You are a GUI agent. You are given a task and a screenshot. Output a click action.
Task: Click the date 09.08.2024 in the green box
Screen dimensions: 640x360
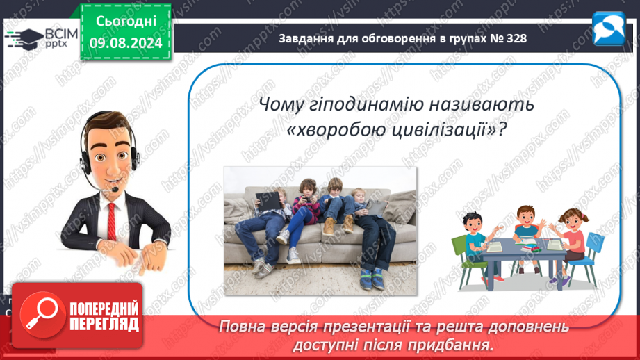click(126, 43)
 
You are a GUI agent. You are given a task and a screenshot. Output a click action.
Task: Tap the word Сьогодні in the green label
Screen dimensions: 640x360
click(126, 22)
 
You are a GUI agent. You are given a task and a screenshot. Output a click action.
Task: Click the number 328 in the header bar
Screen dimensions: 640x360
click(516, 38)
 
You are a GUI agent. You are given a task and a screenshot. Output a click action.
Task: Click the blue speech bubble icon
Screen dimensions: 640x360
click(609, 28)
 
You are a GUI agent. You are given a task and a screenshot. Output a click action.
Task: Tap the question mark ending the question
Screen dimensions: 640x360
click(502, 130)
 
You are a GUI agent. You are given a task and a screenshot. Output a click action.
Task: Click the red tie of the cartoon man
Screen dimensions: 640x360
click(111, 222)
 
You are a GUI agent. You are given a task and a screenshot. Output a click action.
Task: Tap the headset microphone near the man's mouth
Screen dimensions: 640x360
click(115, 190)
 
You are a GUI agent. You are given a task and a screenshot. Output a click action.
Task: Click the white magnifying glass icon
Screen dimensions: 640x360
click(42, 313)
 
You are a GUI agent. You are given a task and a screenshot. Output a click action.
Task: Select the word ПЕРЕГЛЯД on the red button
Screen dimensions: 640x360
click(104, 325)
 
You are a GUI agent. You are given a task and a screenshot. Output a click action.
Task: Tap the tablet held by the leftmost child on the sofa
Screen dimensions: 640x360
click(268, 201)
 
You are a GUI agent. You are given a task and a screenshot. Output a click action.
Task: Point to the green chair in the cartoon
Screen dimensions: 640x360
click(466, 259)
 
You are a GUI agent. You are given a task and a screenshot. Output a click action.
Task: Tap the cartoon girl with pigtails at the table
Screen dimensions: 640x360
click(571, 244)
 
